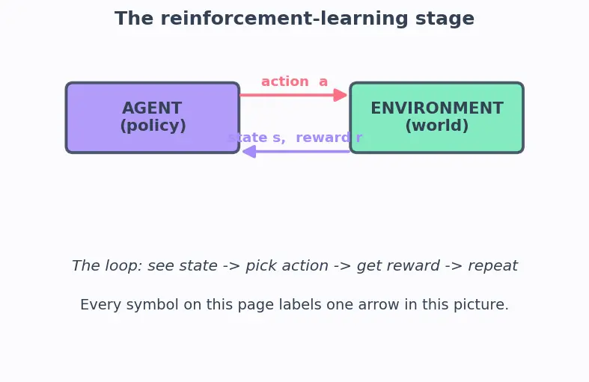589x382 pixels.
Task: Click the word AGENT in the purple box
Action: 152,108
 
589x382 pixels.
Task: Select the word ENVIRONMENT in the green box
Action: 437,108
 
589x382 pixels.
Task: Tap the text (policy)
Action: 153,126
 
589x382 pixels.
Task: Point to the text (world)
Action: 437,126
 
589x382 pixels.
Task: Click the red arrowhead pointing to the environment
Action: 341,95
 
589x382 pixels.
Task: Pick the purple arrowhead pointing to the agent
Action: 249,152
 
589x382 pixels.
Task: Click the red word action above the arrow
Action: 285,81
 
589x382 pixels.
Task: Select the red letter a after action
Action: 323,81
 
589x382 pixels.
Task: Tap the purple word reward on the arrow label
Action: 323,138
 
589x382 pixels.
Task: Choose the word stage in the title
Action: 445,19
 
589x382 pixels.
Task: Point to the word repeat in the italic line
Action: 493,266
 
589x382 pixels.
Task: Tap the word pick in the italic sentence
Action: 260,266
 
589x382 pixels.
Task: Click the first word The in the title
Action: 134,19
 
